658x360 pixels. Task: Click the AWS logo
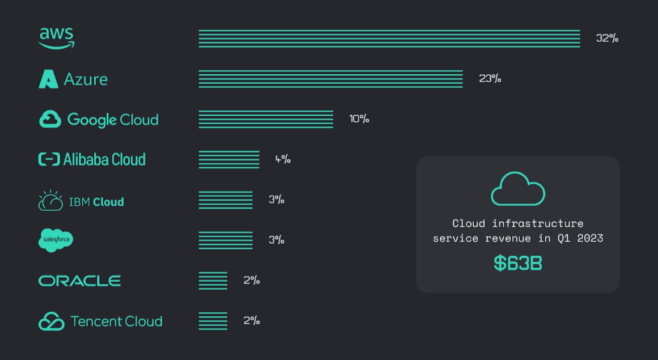pyautogui.click(x=57, y=38)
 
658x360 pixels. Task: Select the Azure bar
pyautogui.click(x=330, y=79)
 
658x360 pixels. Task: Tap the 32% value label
pyautogui.click(x=607, y=39)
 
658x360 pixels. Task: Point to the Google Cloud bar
pyautogui.click(x=266, y=119)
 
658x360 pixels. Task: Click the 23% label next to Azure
pyautogui.click(x=490, y=78)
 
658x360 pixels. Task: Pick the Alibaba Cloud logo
pyautogui.click(x=92, y=159)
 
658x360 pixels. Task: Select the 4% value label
pyautogui.click(x=283, y=159)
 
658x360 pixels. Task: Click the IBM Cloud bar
pyautogui.click(x=226, y=200)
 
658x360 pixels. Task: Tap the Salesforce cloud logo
pyautogui.click(x=56, y=240)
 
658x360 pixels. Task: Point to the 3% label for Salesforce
pyautogui.click(x=276, y=240)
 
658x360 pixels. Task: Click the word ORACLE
pyautogui.click(x=80, y=281)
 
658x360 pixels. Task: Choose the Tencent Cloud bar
pyautogui.click(x=213, y=321)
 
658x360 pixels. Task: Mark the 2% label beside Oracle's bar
pyautogui.click(x=252, y=280)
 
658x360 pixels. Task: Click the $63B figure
pyautogui.click(x=517, y=263)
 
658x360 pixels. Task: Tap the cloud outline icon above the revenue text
pyautogui.click(x=517, y=189)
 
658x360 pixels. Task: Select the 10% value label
pyautogui.click(x=359, y=119)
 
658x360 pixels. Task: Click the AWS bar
pyautogui.click(x=389, y=39)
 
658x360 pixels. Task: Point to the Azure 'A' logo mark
pyautogui.click(x=48, y=79)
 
